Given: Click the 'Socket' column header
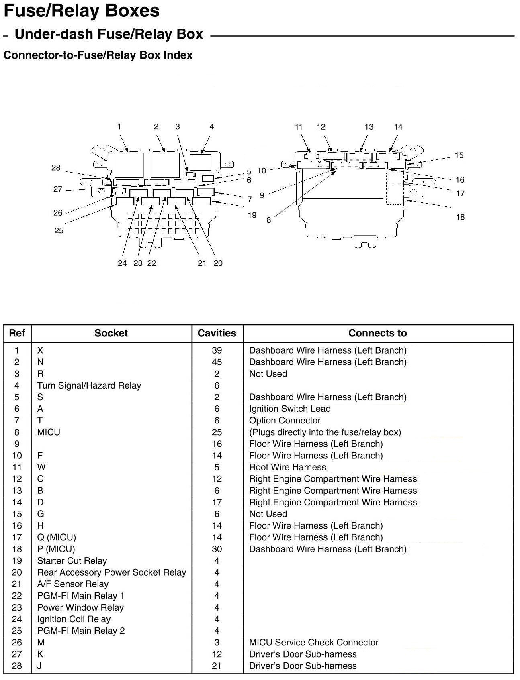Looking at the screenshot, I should pos(111,333).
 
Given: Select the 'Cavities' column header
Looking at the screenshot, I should pos(217,333).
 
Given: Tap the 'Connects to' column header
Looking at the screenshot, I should pos(377,333).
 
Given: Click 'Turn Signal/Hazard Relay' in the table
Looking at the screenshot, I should pos(89,385).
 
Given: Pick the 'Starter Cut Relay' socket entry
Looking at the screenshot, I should pos(72,561).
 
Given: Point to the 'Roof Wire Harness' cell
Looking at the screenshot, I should pos(287,467).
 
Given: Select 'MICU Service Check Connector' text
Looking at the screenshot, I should pos(313,642).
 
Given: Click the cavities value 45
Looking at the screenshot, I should pos(217,362).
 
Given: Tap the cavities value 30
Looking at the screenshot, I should pos(217,549).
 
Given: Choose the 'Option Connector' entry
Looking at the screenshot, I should pos(285,420).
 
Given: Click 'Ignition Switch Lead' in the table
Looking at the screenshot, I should pos(290,409).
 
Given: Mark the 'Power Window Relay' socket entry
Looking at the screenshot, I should pos(80,607).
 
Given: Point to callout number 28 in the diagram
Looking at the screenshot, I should pos(56,168).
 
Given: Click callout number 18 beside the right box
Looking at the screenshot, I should pos(460,217).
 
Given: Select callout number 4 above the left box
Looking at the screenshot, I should pos(212,127).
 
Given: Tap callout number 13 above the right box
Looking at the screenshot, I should pos(369,127).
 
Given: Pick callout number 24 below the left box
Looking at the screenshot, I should pos(122,263).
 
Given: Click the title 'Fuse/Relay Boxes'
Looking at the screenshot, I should pos(82,11).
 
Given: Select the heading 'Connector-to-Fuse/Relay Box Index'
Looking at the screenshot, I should pos(98,55).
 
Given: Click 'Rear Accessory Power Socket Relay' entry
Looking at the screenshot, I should pos(111,572).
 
